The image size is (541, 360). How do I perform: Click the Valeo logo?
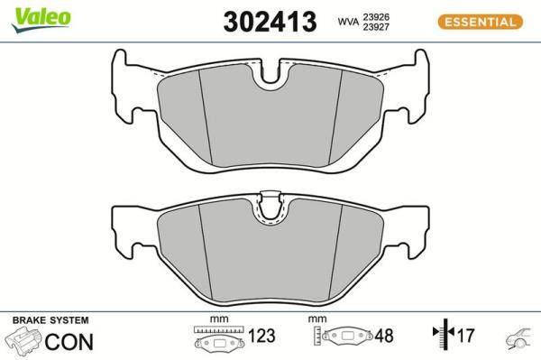(41, 20)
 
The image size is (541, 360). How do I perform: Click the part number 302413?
(270, 22)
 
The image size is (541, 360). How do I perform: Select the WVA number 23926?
(376, 17)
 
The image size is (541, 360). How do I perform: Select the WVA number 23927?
(376, 27)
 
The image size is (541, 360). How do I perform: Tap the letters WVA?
(348, 22)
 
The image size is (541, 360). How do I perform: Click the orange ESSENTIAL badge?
(481, 22)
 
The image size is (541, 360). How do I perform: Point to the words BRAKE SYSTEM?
(50, 320)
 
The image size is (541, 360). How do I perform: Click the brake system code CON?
(69, 342)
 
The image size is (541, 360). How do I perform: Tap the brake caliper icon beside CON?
(23, 340)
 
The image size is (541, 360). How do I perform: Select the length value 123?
(261, 336)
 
